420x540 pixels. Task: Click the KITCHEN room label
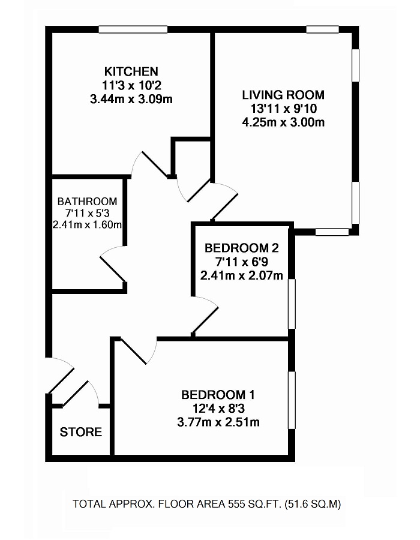[x=131, y=71]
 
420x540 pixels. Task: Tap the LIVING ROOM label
[x=283, y=95]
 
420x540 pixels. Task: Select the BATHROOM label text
[x=88, y=202]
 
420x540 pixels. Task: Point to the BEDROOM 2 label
[x=241, y=248]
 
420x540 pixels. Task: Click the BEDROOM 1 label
[x=218, y=395]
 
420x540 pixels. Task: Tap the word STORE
[x=81, y=432]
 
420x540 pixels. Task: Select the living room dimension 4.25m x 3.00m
[x=283, y=124]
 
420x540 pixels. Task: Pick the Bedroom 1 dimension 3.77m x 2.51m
[x=218, y=422]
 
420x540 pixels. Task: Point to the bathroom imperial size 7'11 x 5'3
[x=88, y=214]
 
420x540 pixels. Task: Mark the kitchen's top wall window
[x=133, y=29]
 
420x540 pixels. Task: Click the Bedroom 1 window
[x=292, y=400]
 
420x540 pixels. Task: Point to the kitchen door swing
[x=151, y=164]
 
